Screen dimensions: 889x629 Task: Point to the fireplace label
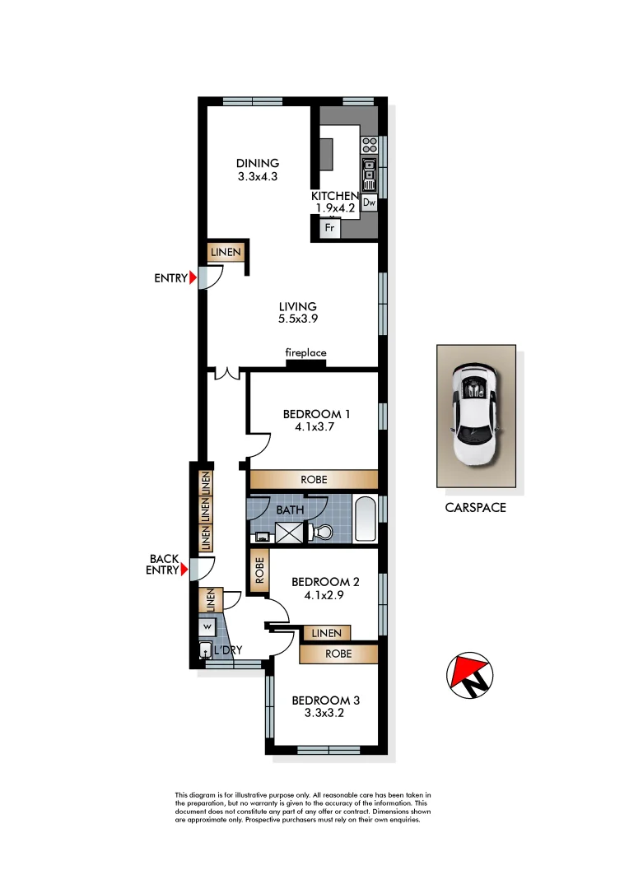[305, 353]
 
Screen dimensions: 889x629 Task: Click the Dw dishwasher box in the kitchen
[369, 202]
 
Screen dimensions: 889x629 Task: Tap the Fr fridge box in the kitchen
[329, 228]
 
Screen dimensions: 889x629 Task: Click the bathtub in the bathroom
[366, 519]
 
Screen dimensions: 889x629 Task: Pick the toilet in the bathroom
[322, 533]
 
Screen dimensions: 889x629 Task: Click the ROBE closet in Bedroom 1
[314, 480]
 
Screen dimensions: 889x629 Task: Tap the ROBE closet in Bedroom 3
[338, 654]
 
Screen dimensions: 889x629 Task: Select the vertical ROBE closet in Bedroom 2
[259, 570]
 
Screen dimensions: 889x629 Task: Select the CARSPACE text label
[475, 508]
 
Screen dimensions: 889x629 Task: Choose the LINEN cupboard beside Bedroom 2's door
[327, 633]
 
